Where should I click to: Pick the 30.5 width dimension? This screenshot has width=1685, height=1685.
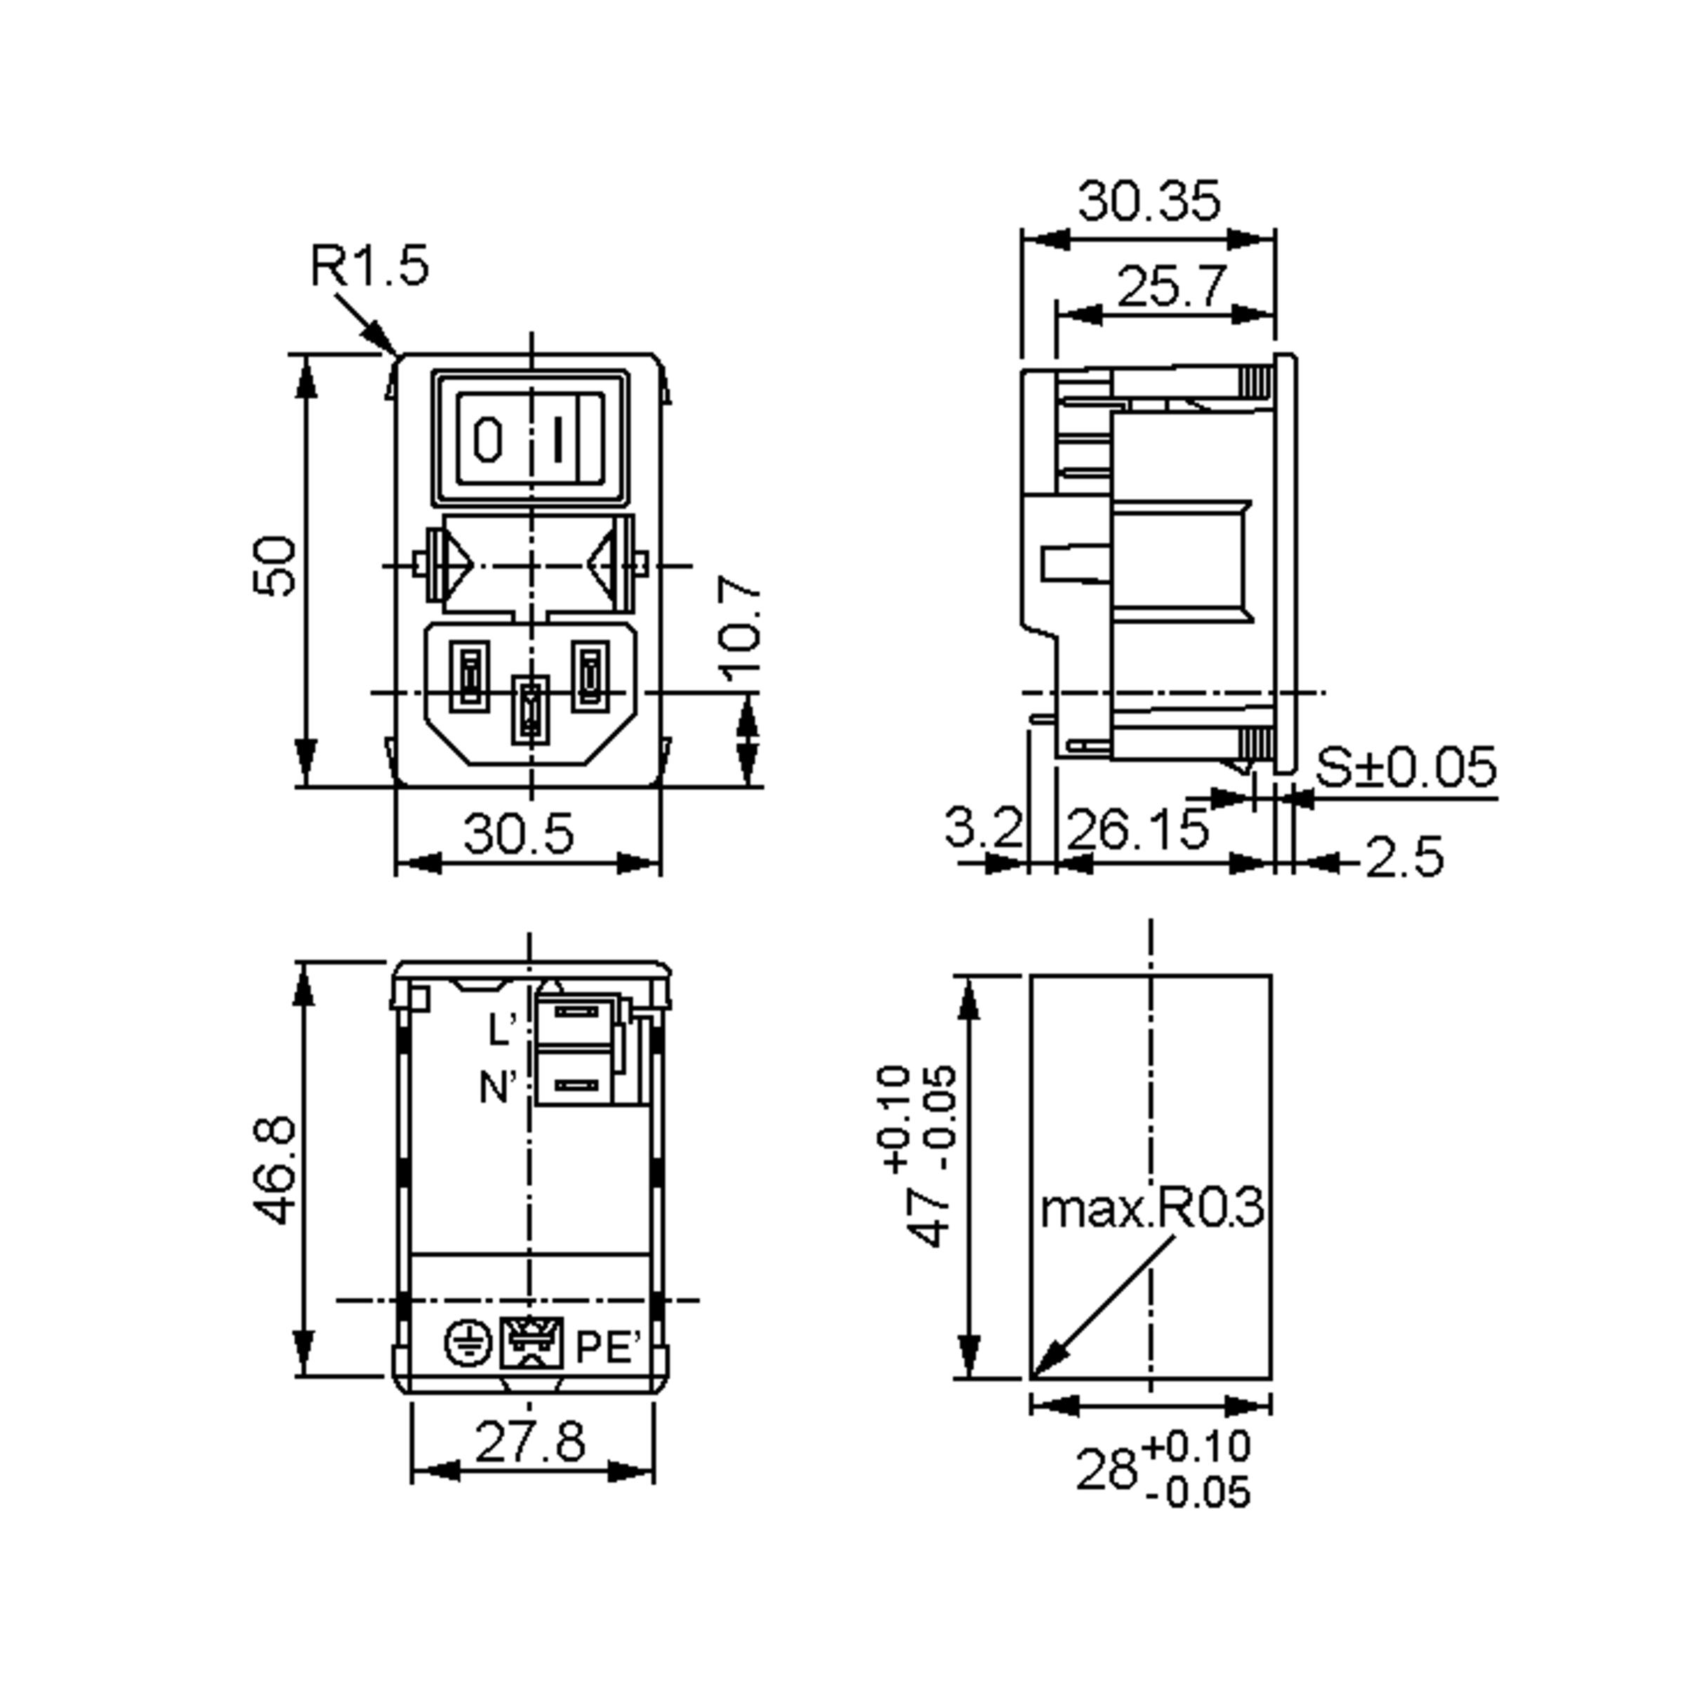point(518,834)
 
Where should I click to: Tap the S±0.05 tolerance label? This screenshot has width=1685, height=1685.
point(1406,767)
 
